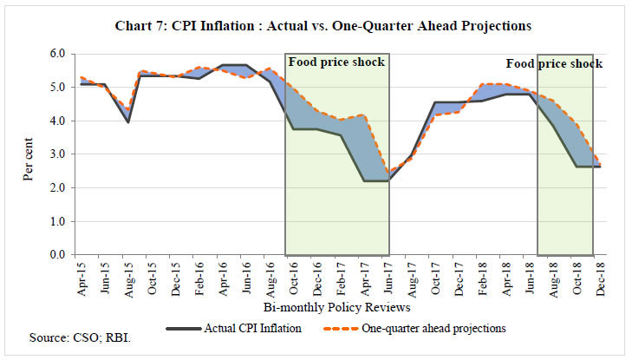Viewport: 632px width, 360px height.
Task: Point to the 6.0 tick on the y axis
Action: (57, 54)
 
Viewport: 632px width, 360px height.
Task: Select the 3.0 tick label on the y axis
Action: (57, 154)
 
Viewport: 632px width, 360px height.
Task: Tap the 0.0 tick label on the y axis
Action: (57, 255)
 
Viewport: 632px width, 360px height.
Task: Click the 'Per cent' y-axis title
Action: (29, 154)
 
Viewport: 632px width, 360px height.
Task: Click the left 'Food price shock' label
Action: (336, 62)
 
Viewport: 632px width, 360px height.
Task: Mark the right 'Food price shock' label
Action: (554, 64)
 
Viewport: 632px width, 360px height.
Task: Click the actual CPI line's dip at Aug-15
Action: (128, 121)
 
